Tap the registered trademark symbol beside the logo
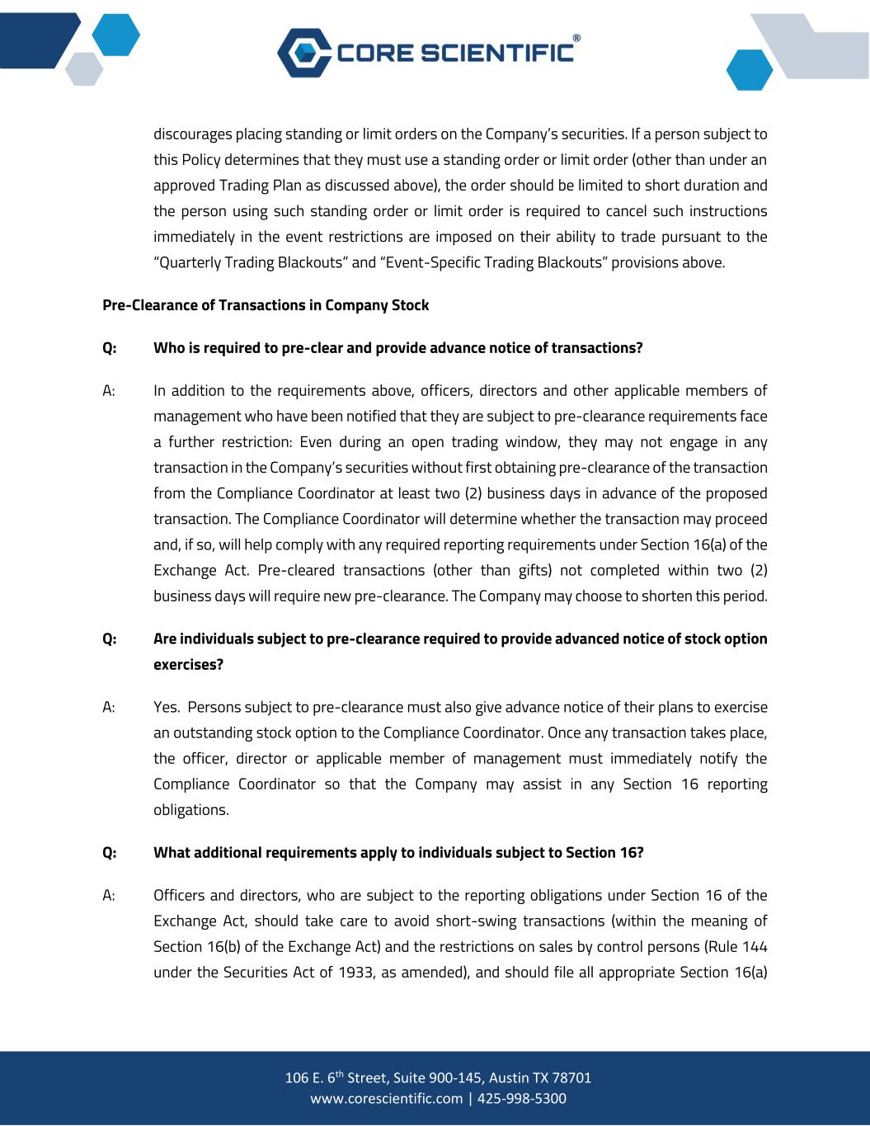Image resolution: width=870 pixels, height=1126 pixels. click(576, 38)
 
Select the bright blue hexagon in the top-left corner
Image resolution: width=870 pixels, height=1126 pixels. click(115, 35)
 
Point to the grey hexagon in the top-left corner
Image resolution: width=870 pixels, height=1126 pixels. click(84, 68)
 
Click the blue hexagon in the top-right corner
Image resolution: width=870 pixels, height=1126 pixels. click(750, 70)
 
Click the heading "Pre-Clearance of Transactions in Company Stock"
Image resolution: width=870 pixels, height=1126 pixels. click(266, 305)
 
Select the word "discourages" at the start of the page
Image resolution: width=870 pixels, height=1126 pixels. click(193, 134)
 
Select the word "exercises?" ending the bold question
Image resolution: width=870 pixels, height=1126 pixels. click(188, 664)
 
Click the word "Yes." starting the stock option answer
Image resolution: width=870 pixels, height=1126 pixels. click(167, 707)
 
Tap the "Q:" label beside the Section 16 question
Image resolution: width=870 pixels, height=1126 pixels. click(109, 853)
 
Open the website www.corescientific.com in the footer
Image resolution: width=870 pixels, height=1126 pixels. click(386, 1099)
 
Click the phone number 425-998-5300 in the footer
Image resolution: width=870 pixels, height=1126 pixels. click(523, 1099)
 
